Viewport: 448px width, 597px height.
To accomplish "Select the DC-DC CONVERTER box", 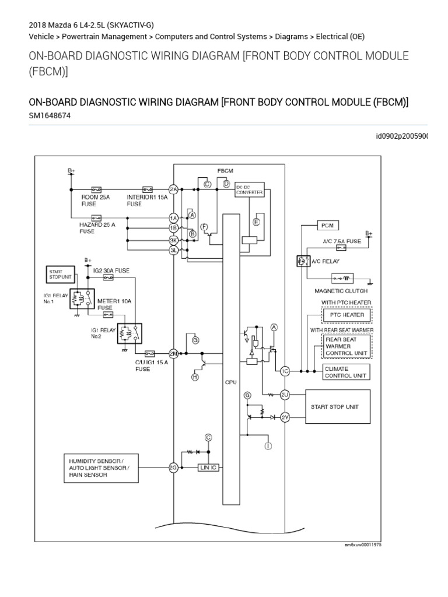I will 249,191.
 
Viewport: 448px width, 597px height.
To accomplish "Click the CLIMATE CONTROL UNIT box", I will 346,373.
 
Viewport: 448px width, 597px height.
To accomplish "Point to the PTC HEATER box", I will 346,315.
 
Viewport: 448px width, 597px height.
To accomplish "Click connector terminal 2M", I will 173,353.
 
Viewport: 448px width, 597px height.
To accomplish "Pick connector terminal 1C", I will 285,371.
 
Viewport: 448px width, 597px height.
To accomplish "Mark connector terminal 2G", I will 173,468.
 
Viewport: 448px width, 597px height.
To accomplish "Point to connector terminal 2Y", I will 285,416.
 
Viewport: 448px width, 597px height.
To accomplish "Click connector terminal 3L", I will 173,250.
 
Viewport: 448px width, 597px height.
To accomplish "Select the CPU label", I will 230,383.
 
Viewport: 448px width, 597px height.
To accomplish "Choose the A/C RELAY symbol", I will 304,261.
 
